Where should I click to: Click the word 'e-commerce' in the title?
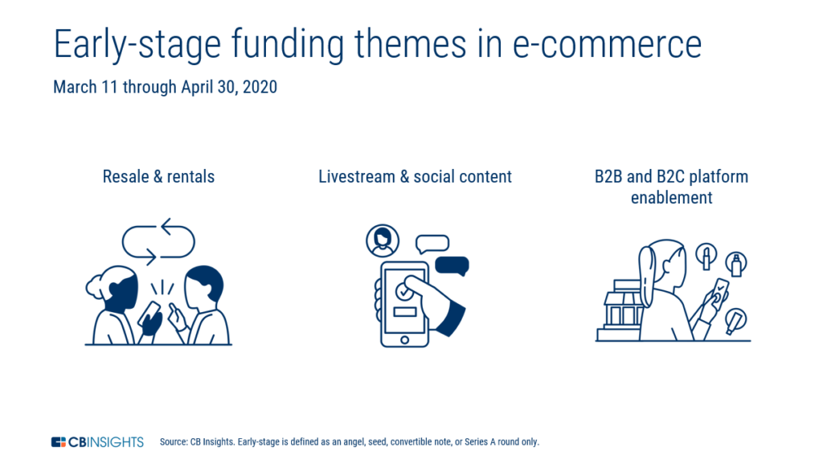tap(607, 44)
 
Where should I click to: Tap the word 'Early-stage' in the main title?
tap(137, 46)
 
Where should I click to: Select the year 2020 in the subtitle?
tap(260, 87)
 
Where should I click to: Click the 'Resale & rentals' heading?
tap(158, 176)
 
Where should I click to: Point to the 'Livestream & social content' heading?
tap(416, 176)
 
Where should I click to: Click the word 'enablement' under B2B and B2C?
tap(671, 198)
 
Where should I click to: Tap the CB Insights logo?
tap(97, 442)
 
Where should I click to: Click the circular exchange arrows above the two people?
tap(158, 241)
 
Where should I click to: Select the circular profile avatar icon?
tap(382, 240)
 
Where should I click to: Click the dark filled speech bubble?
tap(452, 265)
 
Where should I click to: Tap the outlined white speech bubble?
tap(432, 244)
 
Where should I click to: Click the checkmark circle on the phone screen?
tap(403, 291)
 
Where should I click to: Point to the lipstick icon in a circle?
tap(706, 256)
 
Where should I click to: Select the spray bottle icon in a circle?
tap(736, 264)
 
